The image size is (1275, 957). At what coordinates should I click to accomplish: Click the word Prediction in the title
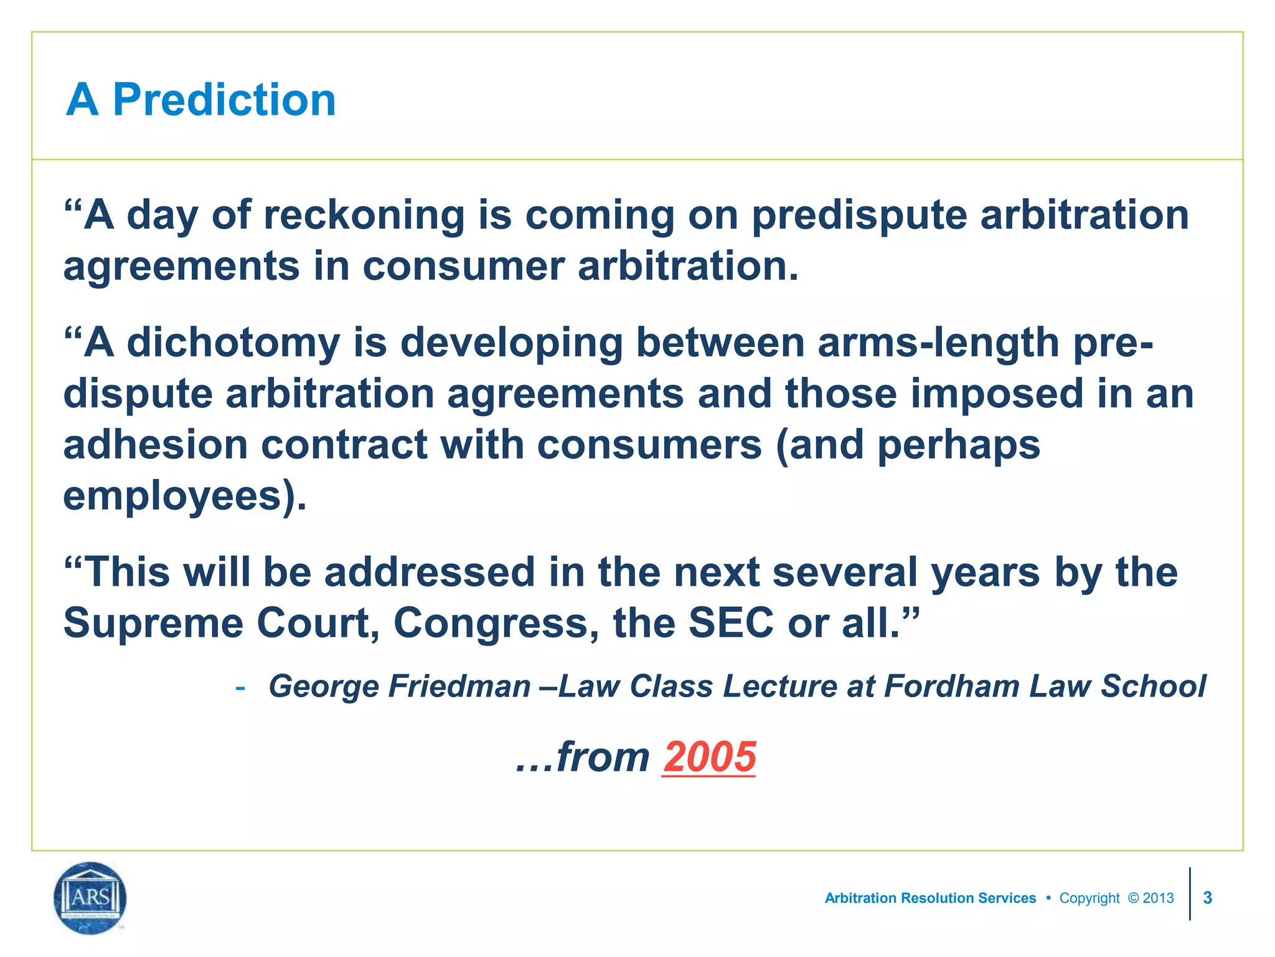224,100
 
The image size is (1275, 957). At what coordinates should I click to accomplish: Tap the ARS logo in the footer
90,898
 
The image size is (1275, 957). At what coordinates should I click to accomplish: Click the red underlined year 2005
709,757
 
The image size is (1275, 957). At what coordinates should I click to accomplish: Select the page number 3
1207,898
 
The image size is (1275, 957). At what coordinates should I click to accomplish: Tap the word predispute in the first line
859,216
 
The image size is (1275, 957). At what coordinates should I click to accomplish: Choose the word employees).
185,497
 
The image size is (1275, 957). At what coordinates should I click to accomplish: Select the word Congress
497,623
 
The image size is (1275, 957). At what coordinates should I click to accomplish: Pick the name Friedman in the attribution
459,687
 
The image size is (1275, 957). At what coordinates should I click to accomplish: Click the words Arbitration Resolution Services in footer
930,898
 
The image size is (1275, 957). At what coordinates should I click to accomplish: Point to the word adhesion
156,445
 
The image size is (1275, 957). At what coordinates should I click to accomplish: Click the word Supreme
153,623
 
